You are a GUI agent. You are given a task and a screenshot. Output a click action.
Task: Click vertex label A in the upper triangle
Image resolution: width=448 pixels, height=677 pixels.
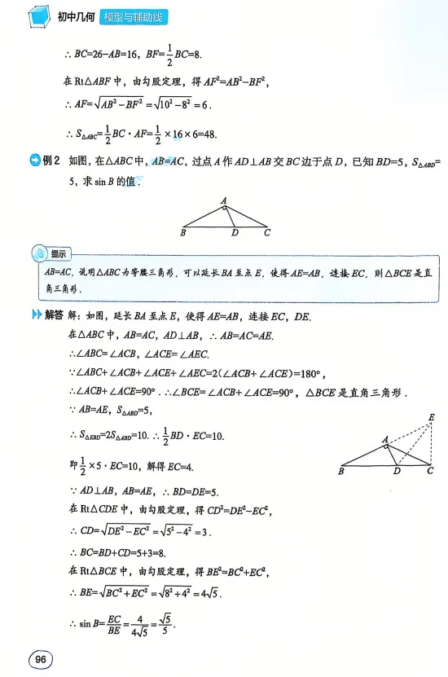(224, 201)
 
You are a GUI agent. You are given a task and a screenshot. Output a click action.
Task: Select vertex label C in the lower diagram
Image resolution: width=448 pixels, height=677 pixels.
(429, 472)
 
